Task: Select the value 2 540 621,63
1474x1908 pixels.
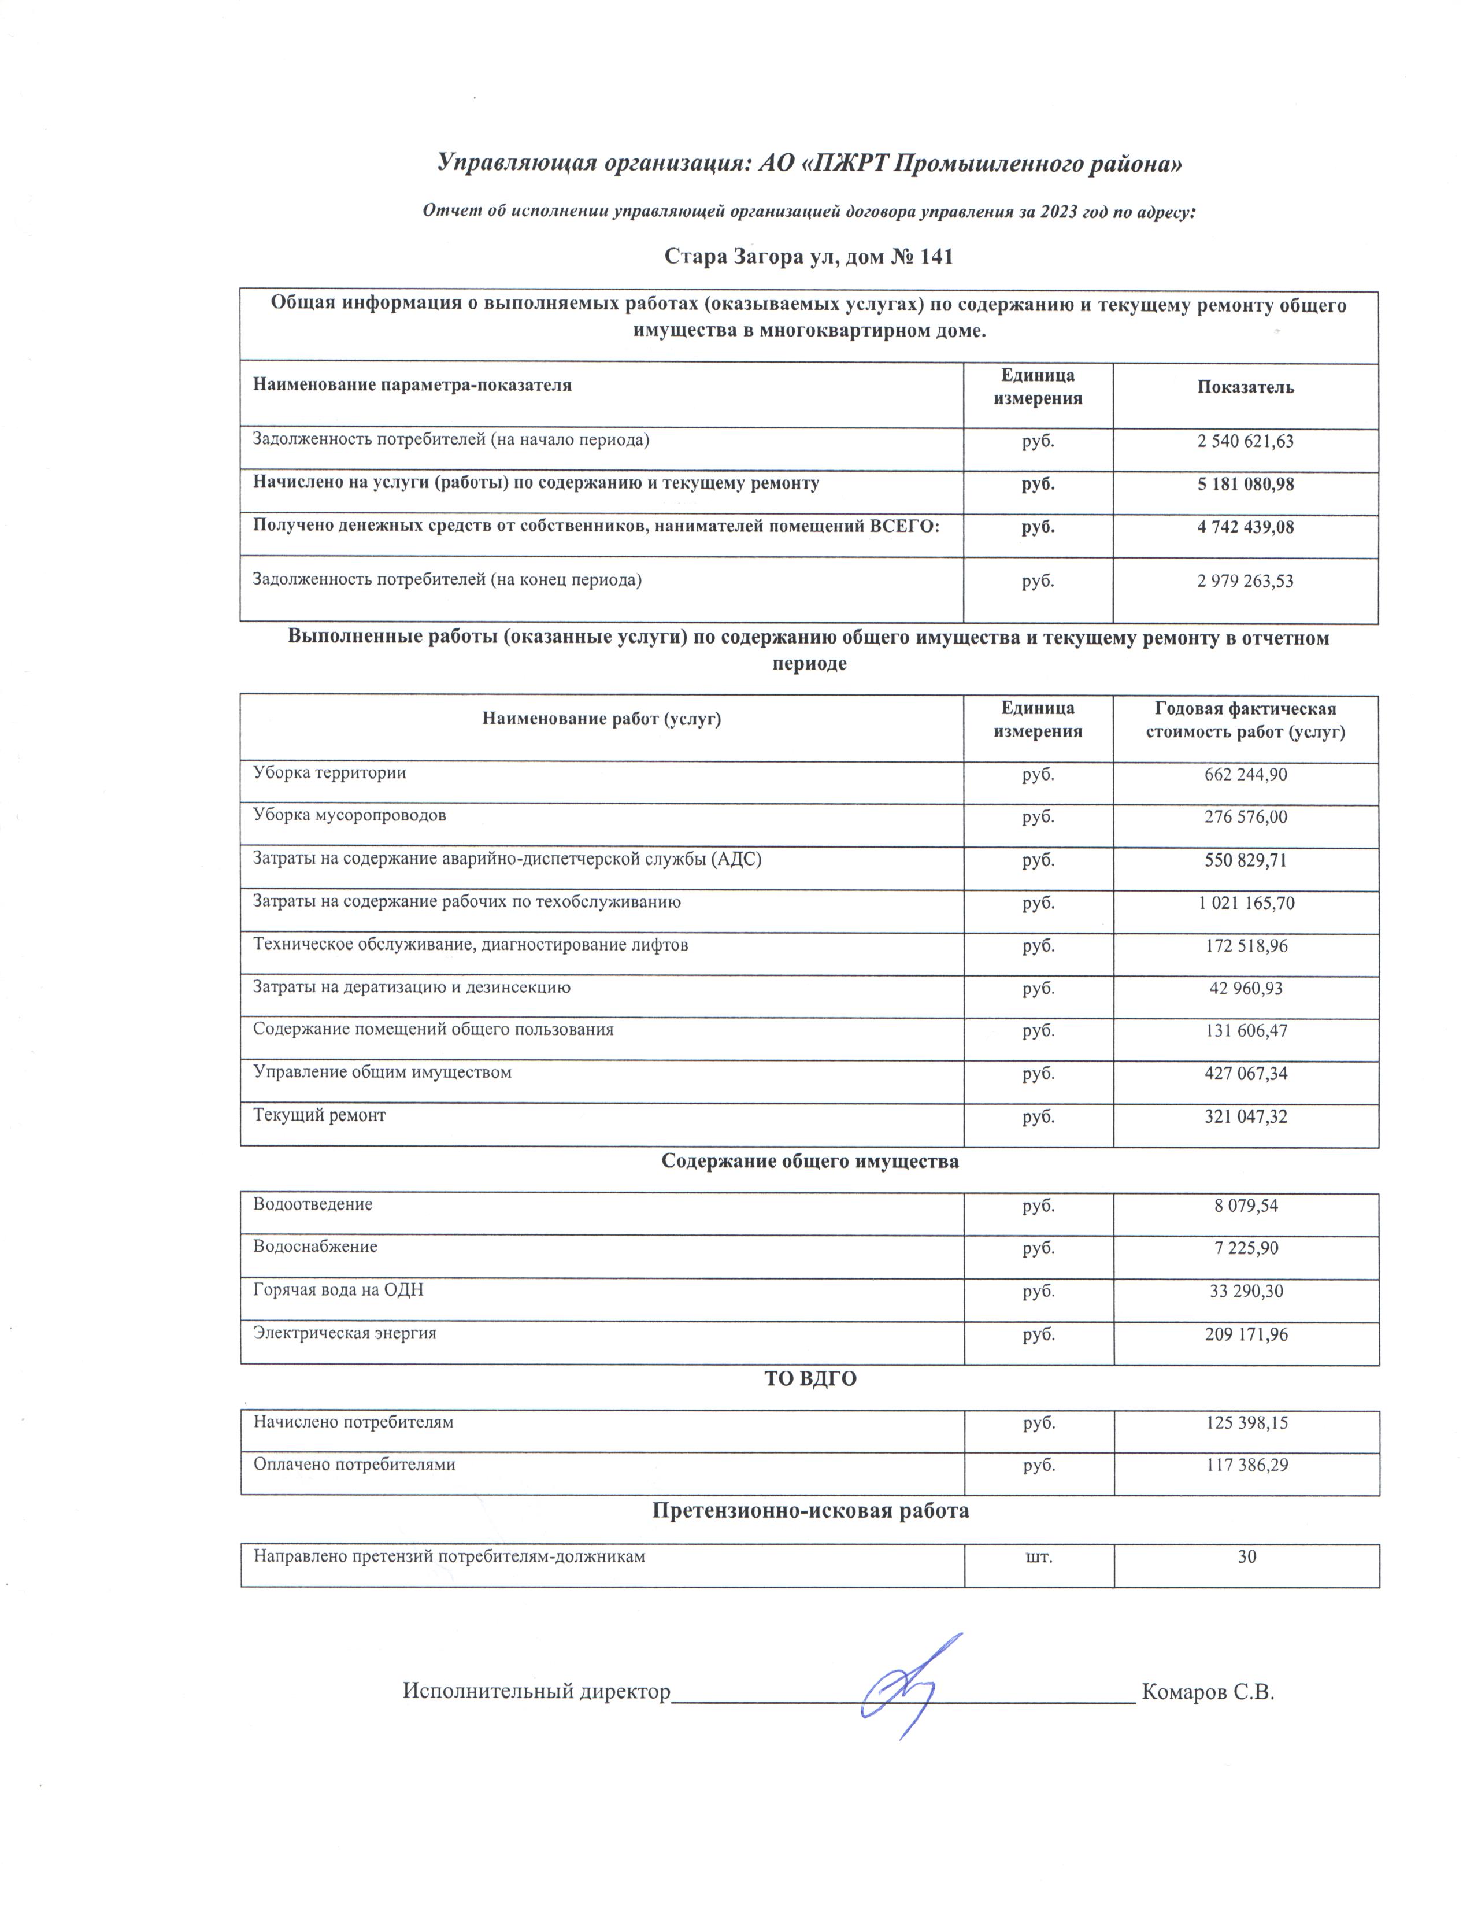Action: (1245, 441)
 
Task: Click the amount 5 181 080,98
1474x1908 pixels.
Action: (1245, 484)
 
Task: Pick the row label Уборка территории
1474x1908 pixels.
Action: (329, 773)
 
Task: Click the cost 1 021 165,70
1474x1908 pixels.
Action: (1245, 903)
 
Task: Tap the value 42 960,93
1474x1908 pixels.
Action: (1245, 989)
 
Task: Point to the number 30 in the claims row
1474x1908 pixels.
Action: (1246, 1556)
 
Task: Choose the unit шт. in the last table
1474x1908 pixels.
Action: (1038, 1556)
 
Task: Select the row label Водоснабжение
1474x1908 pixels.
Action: (315, 1247)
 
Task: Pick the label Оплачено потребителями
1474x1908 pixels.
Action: (354, 1464)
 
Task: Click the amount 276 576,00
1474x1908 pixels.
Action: (1245, 818)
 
